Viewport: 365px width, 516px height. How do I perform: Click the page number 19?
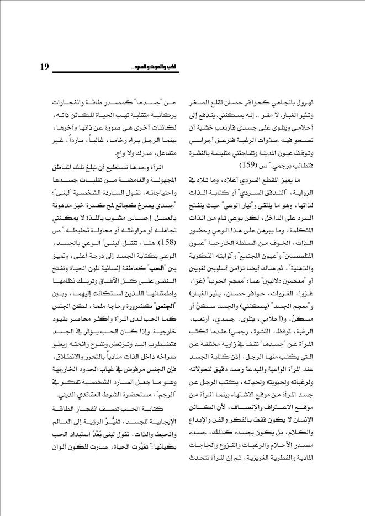click(45, 67)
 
